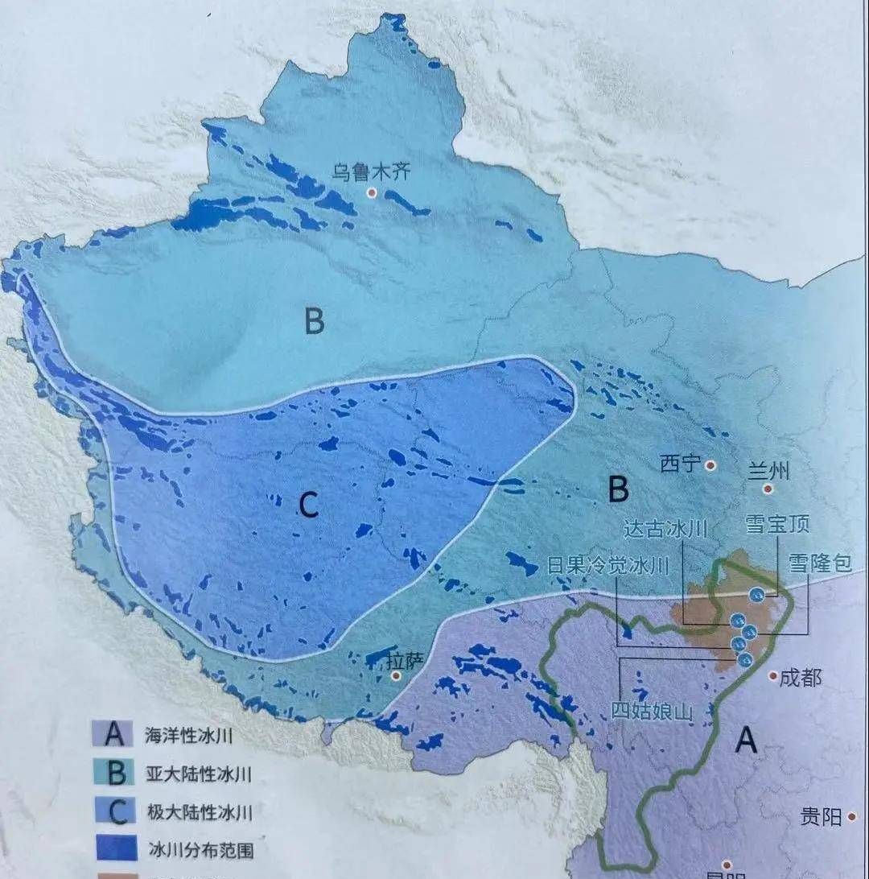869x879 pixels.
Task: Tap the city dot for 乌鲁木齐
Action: (372, 192)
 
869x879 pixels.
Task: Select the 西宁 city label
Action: (680, 464)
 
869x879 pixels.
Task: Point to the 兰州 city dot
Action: (768, 488)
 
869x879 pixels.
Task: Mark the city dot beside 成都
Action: (772, 677)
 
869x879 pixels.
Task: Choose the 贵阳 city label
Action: (821, 817)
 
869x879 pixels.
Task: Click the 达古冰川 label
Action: (665, 528)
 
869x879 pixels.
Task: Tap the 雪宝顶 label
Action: (777, 524)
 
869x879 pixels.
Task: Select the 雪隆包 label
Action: (819, 563)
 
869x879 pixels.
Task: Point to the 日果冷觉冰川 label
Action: (607, 565)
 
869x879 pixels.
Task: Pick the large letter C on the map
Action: (309, 505)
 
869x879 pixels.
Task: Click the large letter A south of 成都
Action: (748, 739)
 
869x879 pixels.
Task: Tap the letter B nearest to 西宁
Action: (617, 488)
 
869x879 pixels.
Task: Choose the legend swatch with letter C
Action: (117, 812)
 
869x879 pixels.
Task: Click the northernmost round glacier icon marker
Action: (756, 594)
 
